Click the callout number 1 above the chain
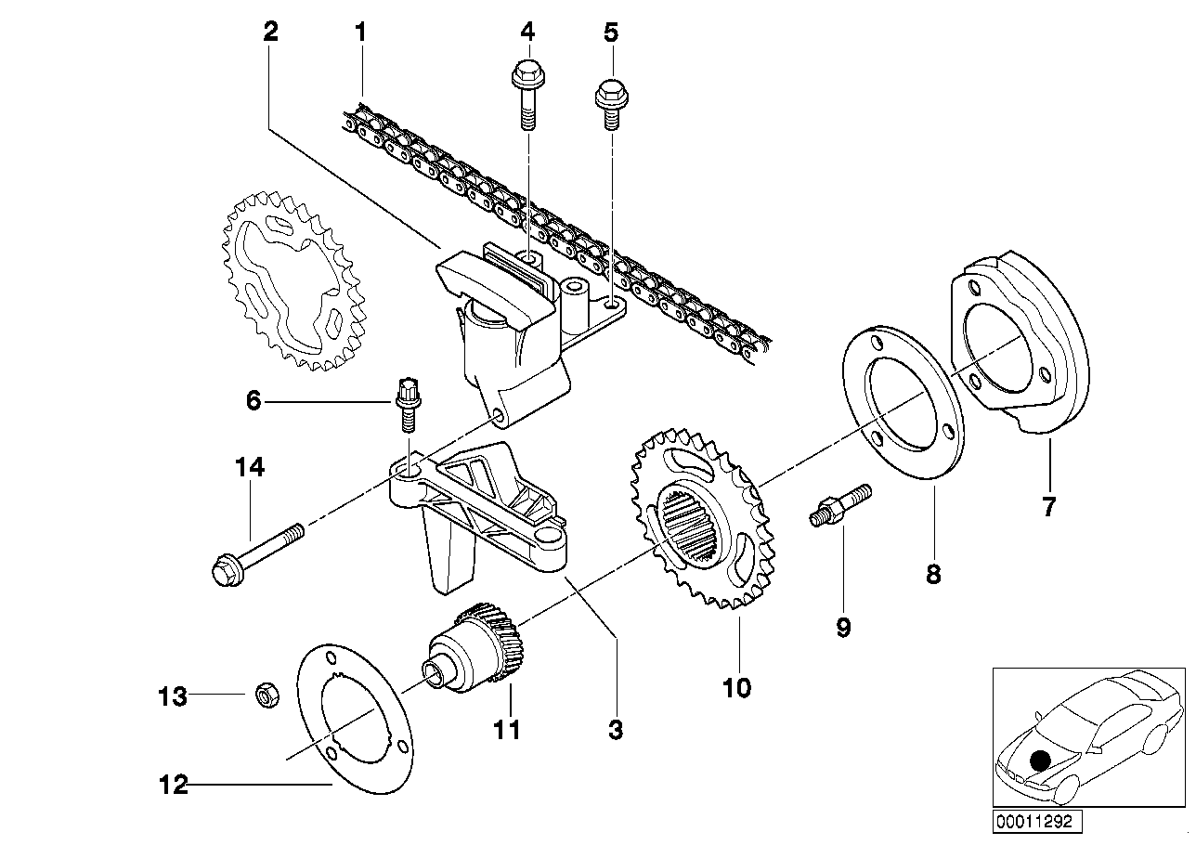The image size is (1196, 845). [x=361, y=32]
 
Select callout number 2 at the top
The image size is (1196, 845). [x=271, y=32]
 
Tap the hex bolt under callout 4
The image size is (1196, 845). [x=527, y=95]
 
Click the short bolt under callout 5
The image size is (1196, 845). [x=611, y=105]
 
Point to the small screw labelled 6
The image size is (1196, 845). [x=408, y=404]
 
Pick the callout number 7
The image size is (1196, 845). [x=1048, y=506]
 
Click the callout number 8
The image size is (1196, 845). [x=933, y=575]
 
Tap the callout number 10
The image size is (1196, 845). [x=736, y=687]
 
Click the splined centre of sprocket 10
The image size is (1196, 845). [x=693, y=526]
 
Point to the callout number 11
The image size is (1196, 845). [x=506, y=730]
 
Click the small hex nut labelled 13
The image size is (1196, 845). [x=267, y=696]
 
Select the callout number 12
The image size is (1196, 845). [x=174, y=785]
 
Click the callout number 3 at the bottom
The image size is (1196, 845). [x=616, y=730]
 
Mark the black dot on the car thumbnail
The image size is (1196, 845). [x=1040, y=760]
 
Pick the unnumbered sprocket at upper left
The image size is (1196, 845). [x=294, y=281]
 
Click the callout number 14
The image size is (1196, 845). [x=250, y=467]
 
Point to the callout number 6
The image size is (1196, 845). [x=253, y=400]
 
